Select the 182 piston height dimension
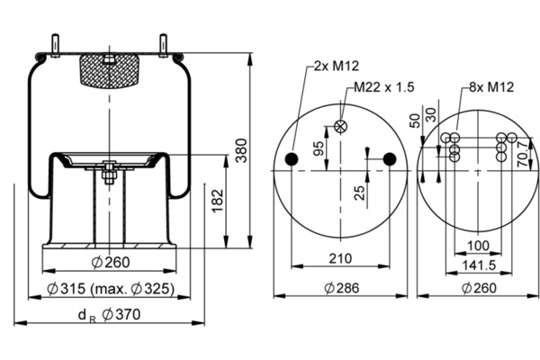217,202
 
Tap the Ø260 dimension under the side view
112,263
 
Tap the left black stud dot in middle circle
291,159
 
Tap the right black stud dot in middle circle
389,159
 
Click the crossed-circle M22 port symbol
340,126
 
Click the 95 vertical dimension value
319,148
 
